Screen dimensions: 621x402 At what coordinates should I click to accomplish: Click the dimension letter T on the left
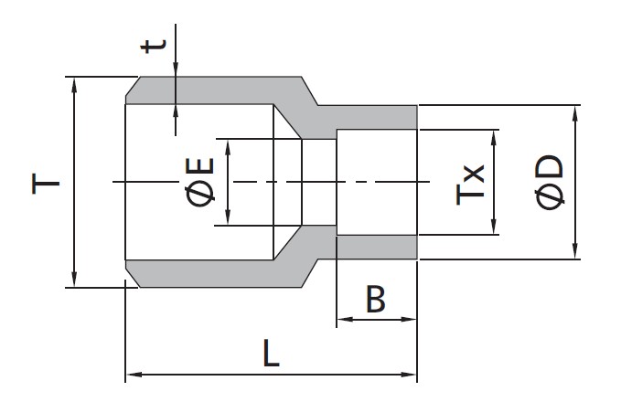(x=45, y=184)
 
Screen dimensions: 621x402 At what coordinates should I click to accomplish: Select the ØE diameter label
(x=199, y=183)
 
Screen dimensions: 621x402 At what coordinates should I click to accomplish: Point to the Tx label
(x=470, y=184)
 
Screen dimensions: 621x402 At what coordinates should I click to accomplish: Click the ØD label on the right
(x=549, y=183)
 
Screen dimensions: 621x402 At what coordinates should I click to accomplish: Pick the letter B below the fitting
(x=376, y=299)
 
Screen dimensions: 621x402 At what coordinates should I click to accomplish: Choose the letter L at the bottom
(x=272, y=353)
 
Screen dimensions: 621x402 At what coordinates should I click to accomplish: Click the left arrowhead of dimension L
(x=134, y=375)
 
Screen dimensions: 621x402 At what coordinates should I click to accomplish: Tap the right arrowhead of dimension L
(x=409, y=375)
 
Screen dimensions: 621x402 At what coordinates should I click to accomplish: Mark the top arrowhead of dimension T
(x=74, y=86)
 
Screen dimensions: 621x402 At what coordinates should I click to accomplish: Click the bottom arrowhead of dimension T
(x=74, y=279)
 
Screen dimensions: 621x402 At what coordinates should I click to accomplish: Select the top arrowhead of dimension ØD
(x=575, y=113)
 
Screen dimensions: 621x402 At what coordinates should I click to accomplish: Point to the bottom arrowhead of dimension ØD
(x=575, y=251)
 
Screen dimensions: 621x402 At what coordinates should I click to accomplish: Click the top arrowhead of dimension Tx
(x=494, y=138)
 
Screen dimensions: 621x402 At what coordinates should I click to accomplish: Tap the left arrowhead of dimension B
(x=345, y=319)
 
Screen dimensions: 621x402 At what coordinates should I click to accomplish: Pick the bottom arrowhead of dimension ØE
(x=228, y=217)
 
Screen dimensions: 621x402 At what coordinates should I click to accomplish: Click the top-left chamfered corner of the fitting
(x=132, y=86)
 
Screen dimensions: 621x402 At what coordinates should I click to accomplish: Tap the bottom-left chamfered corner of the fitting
(x=132, y=278)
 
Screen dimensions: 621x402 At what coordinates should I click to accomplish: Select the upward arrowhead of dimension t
(x=176, y=112)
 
